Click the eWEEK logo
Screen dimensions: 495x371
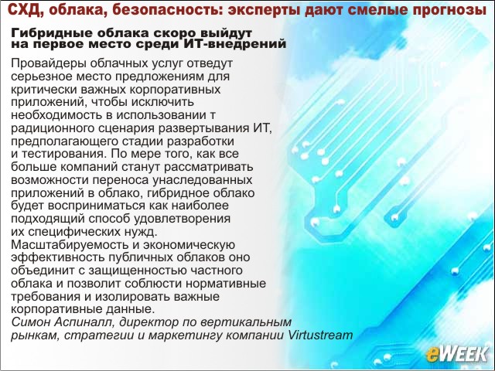point(457,355)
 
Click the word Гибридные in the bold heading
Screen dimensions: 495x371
point(52,32)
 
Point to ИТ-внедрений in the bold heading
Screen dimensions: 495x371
point(234,43)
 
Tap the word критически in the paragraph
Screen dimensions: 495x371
point(44,90)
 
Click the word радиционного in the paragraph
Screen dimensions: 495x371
point(53,129)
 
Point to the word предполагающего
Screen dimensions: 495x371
point(65,141)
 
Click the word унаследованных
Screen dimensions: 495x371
point(203,180)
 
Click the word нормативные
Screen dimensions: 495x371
point(226,284)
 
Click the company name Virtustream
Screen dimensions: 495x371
point(321,335)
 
